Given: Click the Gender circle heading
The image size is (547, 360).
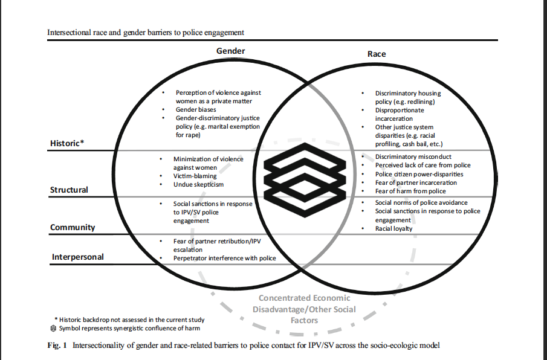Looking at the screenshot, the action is (230, 51).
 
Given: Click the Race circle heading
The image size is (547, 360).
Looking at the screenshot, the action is (377, 54).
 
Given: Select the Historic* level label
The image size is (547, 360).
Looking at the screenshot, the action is (66, 143).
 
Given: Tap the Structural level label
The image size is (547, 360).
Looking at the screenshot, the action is (69, 190).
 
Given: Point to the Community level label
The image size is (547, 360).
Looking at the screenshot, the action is (73, 227).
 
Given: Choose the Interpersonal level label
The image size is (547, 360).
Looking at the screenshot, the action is (77, 257).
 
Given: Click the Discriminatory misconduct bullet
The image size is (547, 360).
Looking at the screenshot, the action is (413, 157).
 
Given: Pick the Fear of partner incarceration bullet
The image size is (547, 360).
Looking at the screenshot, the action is (416, 182).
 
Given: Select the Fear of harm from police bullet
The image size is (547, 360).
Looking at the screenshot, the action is (410, 191).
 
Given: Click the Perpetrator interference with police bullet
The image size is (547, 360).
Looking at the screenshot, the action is (224, 258).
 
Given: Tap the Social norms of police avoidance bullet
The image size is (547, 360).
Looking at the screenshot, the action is (421, 202).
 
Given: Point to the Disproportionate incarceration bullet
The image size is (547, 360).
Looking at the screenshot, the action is (400, 115).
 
